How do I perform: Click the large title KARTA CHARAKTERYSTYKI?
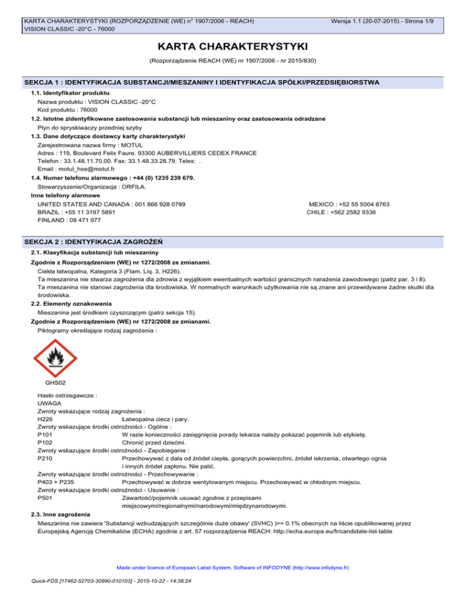pos(232,47)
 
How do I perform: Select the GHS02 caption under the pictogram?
pos(56,383)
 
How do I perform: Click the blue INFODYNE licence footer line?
pos(232,568)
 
